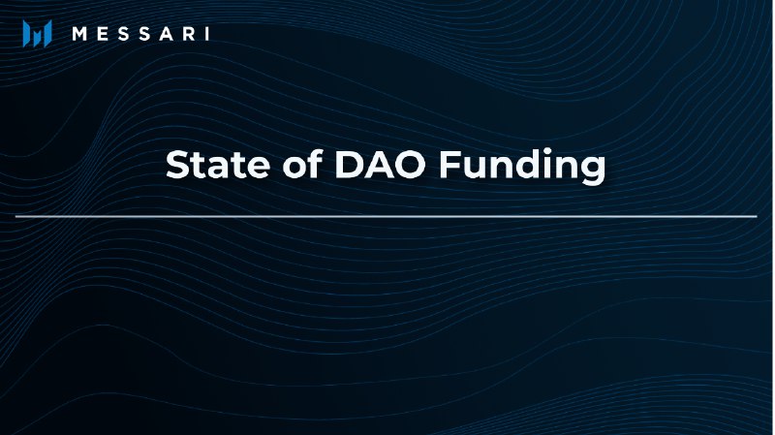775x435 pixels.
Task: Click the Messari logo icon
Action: point(37,34)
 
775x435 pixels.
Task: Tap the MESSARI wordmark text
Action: point(140,34)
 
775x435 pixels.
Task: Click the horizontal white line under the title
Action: point(387,216)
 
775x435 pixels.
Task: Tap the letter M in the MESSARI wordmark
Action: point(81,34)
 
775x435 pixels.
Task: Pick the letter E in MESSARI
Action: point(103,34)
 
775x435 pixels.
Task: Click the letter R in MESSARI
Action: point(184,34)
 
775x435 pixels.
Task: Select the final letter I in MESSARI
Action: point(205,34)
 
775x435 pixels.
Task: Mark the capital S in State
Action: point(178,165)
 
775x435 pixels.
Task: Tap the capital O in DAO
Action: point(412,165)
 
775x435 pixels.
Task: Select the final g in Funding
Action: point(593,170)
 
